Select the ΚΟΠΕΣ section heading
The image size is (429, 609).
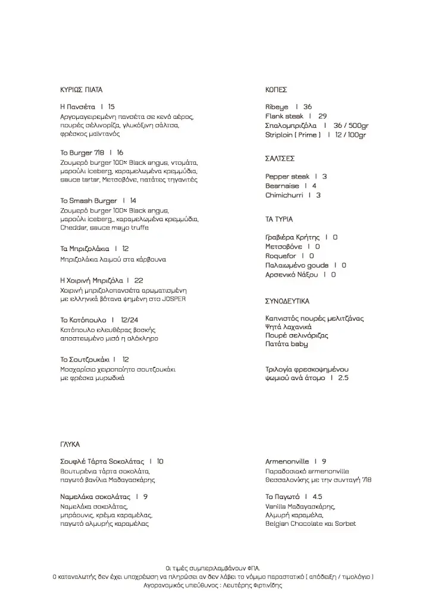(x=276, y=90)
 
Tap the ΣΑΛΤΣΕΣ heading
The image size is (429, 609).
(x=280, y=159)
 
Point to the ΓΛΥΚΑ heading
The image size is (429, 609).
(x=70, y=444)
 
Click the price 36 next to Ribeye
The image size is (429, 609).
(x=308, y=107)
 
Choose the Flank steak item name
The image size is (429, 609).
(x=284, y=117)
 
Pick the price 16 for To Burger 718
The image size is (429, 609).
(x=120, y=153)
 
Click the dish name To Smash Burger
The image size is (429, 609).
(x=89, y=201)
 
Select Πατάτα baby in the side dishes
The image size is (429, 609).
(x=287, y=344)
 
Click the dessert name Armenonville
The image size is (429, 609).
(x=287, y=462)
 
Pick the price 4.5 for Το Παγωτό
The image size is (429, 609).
(x=317, y=497)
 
